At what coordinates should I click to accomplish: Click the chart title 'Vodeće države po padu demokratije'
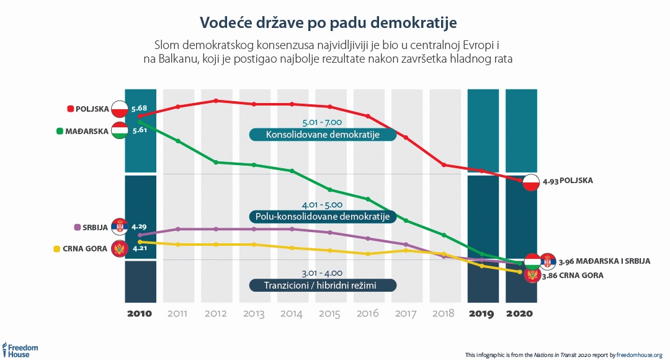328,22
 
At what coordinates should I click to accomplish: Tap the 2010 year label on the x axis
140,313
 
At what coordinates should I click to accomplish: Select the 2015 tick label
330,313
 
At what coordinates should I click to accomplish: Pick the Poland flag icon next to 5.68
119,109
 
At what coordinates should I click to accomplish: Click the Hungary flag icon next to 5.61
119,131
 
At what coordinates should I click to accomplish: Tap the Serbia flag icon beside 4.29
119,227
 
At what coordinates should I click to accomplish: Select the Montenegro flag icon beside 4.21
119,250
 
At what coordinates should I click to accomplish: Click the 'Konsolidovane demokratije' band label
322,135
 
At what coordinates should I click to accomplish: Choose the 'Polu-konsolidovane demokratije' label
322,217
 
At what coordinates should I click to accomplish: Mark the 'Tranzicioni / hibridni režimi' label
322,286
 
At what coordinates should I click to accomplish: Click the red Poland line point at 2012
216,101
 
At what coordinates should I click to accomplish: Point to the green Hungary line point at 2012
216,162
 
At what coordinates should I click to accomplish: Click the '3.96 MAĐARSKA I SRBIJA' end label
604,261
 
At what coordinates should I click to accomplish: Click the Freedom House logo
21,349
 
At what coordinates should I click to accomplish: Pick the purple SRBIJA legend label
91,227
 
